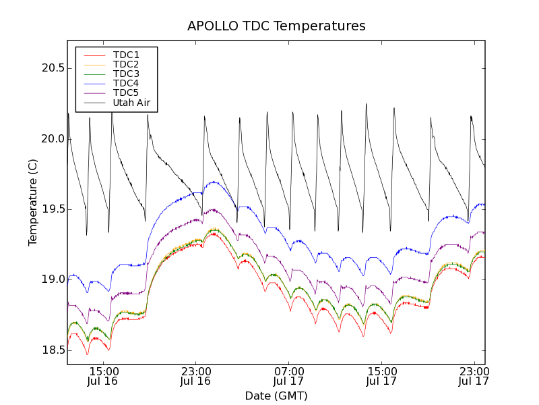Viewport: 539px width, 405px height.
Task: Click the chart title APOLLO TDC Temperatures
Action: click(x=276, y=26)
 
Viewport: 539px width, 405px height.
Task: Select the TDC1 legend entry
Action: click(x=126, y=55)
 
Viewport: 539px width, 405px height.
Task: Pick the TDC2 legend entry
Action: click(x=126, y=64)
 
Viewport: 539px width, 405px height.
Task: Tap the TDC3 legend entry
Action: click(x=126, y=74)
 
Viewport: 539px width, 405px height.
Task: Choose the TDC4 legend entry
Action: click(x=126, y=83)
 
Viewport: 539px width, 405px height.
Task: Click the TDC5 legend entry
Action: click(x=126, y=92)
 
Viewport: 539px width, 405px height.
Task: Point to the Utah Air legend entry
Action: click(x=131, y=103)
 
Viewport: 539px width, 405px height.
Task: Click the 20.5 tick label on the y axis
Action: click(x=51, y=68)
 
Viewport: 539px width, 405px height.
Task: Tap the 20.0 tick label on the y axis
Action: click(x=51, y=139)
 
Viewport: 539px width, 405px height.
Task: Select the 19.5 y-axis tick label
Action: click(x=51, y=209)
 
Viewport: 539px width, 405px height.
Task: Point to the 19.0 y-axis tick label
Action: click(x=51, y=279)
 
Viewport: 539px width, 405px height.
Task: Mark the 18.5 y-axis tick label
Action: click(x=51, y=350)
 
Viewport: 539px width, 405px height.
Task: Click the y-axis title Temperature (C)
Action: click(x=32, y=202)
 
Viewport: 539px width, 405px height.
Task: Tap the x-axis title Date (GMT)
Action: click(x=276, y=396)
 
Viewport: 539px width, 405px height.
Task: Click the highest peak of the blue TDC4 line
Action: click(x=214, y=182)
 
